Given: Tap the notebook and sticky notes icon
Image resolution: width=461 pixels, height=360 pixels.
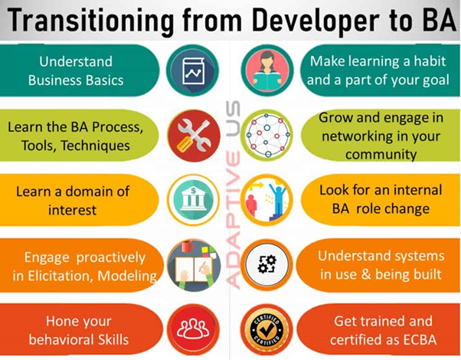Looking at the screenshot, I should click(x=187, y=263).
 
